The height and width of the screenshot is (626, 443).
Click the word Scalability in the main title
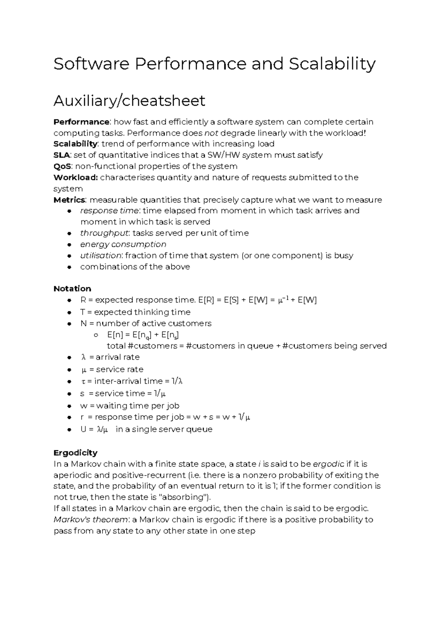(x=332, y=64)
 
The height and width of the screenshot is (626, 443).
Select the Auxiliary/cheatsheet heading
(x=129, y=101)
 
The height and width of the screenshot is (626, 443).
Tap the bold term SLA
(x=62, y=155)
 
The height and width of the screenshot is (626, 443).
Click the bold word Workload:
(x=76, y=177)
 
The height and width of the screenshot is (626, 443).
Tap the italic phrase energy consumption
(x=123, y=244)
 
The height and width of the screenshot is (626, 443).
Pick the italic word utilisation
(x=100, y=255)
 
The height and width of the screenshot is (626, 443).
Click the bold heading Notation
(x=72, y=288)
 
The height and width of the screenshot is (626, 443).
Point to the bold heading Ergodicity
(x=75, y=453)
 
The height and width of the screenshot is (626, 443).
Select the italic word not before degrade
(x=211, y=133)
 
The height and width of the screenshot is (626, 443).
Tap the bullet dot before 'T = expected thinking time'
(x=69, y=312)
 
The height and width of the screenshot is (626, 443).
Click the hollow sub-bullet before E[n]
(x=96, y=335)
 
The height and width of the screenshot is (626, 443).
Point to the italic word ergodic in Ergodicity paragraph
(x=328, y=464)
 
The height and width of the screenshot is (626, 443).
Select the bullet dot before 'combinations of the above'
(x=69, y=267)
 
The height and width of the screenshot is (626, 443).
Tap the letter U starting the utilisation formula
(x=83, y=429)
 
